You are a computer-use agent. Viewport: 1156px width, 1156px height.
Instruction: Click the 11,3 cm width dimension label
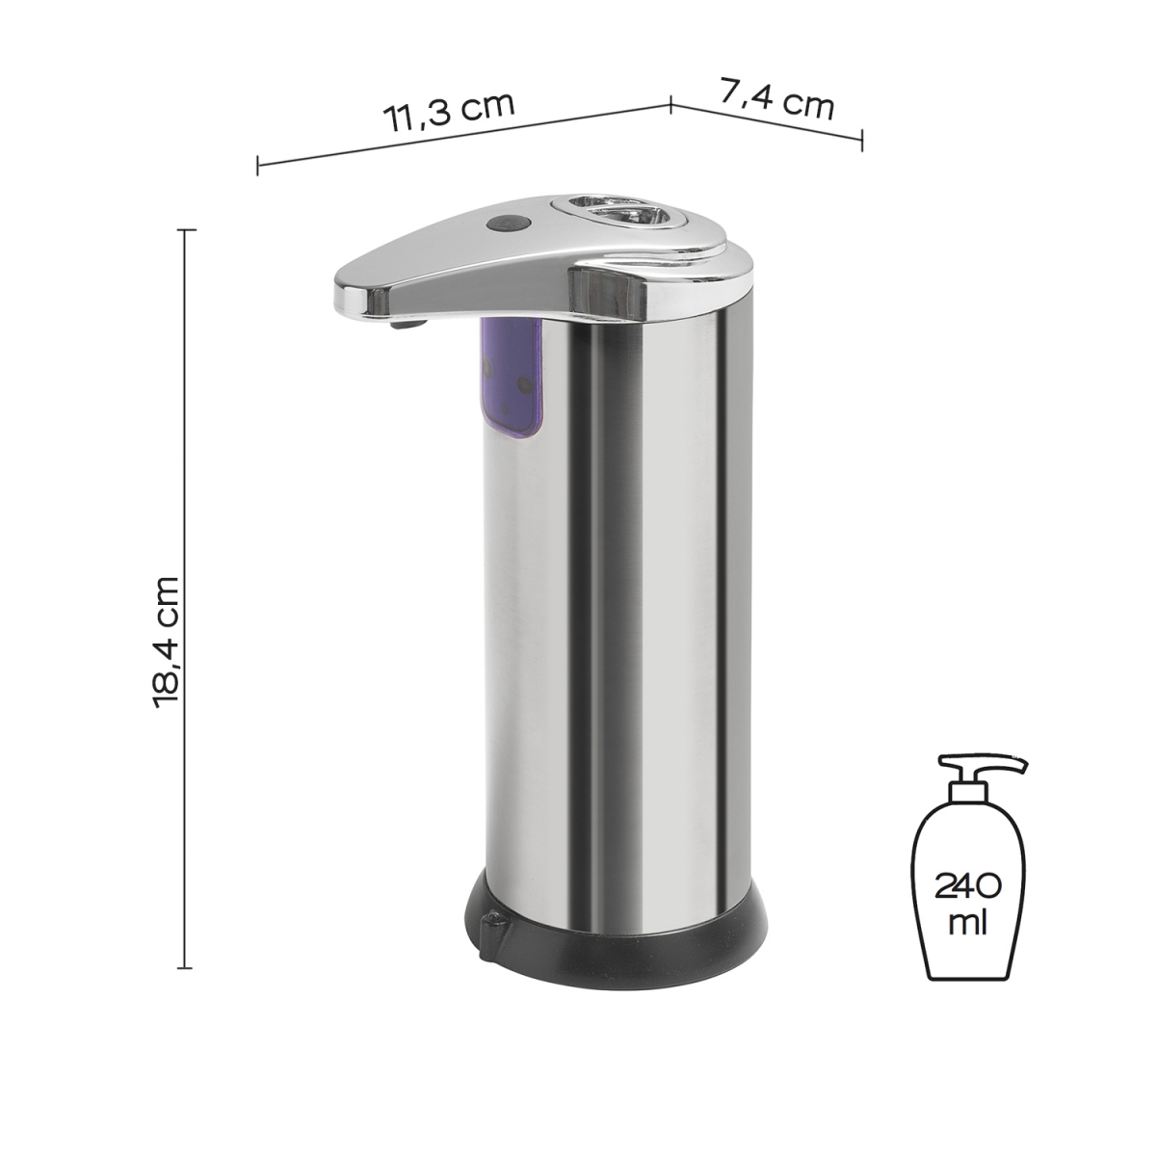click(x=449, y=112)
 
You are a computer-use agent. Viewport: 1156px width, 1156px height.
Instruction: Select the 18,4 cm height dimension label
click(x=165, y=643)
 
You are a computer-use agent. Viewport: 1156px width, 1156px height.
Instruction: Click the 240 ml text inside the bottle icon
click(x=967, y=902)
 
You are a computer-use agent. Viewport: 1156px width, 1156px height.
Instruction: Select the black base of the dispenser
click(x=617, y=934)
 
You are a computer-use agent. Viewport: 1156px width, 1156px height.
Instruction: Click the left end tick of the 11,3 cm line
click(x=257, y=165)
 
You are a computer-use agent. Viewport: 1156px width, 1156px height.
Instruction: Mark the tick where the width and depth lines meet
click(x=670, y=103)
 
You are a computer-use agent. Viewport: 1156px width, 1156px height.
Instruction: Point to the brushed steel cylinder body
click(x=617, y=597)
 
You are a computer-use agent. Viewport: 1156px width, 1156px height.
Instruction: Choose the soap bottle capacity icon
click(x=968, y=867)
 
